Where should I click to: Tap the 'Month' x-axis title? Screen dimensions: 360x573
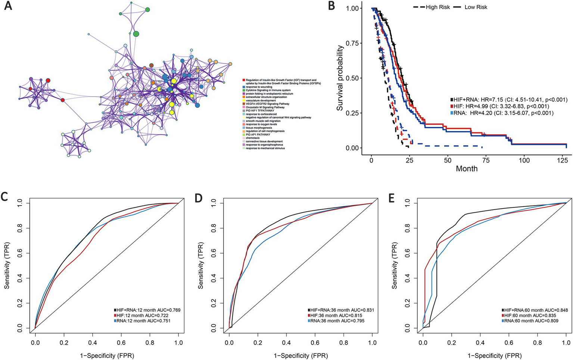(467, 169)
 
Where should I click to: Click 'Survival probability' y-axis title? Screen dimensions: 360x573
(340, 78)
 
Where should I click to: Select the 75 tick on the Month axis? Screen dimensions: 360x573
(486, 160)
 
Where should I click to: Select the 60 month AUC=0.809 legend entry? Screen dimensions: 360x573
(532, 320)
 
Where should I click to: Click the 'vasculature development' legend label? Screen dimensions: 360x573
(261, 100)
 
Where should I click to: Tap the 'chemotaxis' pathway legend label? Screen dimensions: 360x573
(253, 138)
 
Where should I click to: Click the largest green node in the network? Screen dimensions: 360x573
(136, 34)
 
